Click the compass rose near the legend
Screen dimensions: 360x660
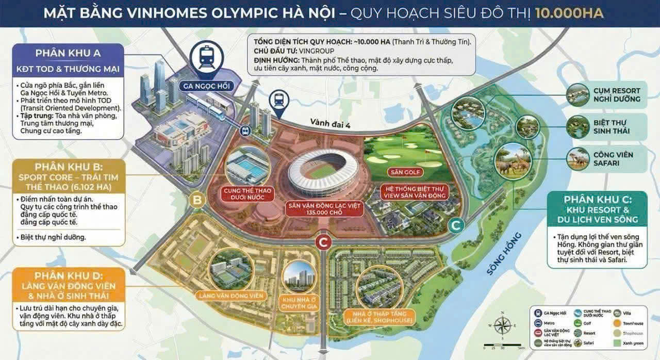click(x=502, y=325)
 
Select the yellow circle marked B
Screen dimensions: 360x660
click(x=196, y=200)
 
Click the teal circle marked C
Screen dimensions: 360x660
click(x=456, y=225)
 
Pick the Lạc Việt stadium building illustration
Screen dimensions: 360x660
click(x=322, y=173)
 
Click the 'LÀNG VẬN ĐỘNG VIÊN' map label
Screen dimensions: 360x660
click(x=230, y=296)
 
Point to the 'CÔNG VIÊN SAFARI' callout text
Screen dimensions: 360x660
click(x=613, y=159)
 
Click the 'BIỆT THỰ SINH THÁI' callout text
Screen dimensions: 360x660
click(x=613, y=127)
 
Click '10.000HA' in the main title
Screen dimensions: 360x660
click(x=569, y=13)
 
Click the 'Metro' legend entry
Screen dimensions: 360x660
click(x=549, y=323)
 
